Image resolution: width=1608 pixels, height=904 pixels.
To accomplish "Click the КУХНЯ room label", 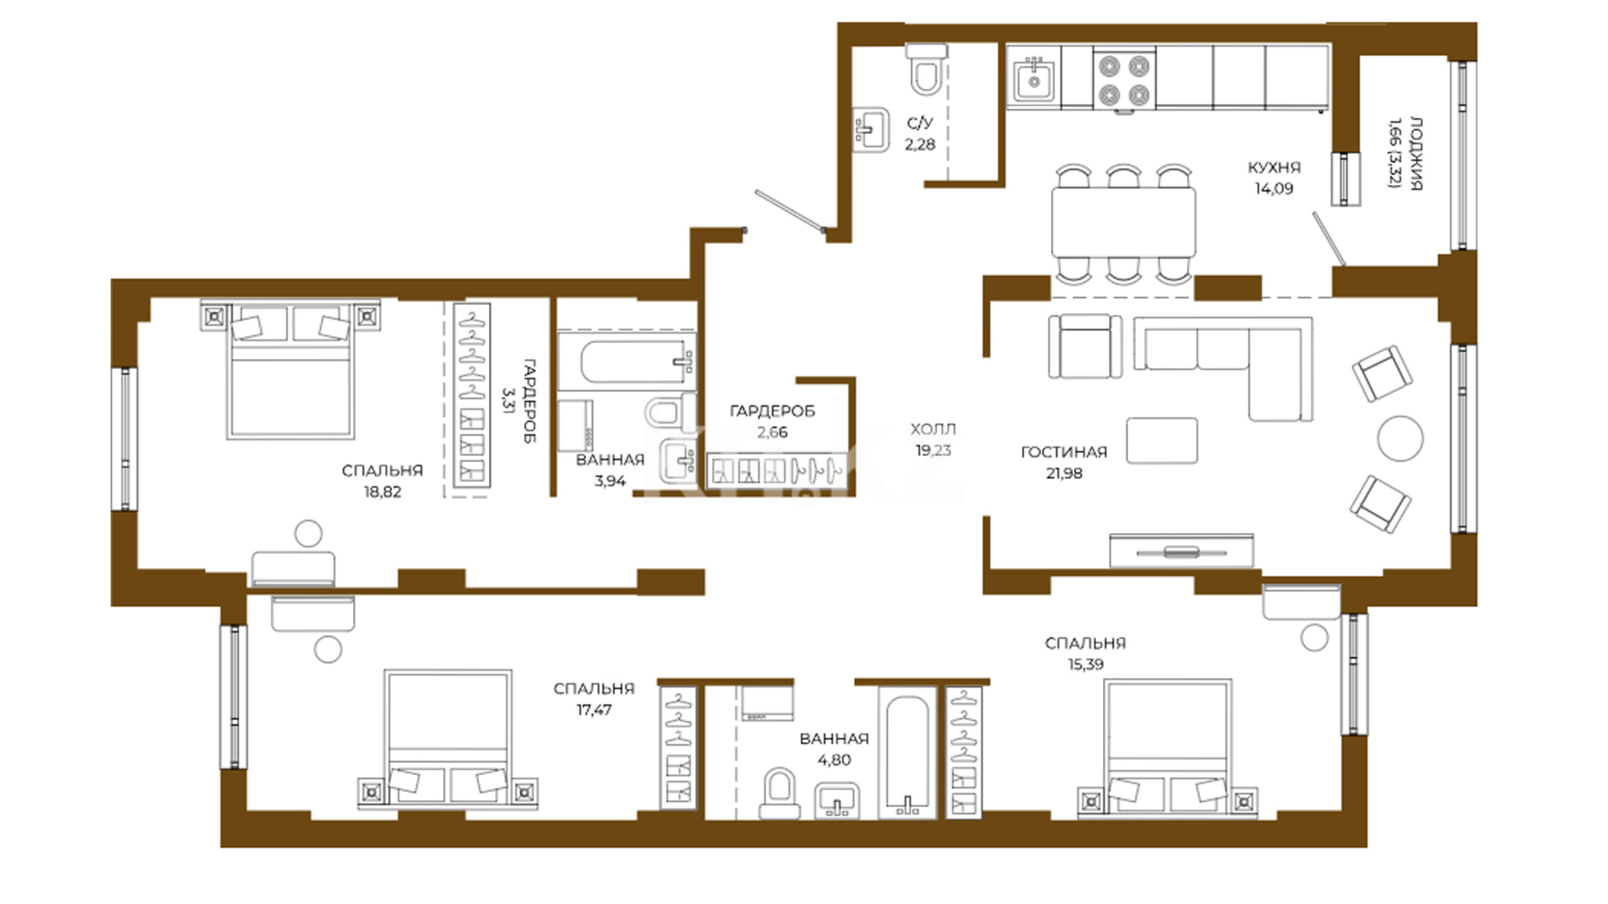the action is [x=1274, y=167].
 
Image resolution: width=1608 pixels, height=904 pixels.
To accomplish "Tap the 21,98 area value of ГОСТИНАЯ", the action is [x=1064, y=473].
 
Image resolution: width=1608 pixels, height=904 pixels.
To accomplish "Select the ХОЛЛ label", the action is [x=933, y=429].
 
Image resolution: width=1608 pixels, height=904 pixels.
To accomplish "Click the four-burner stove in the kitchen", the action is [x=1124, y=80].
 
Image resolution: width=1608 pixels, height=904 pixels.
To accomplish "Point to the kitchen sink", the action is [x=1034, y=80].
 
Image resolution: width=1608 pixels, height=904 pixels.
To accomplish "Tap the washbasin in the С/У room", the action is [x=872, y=130].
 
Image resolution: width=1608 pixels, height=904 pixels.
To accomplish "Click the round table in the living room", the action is [x=1399, y=438].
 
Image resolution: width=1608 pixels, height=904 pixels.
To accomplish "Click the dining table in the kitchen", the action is [x=1124, y=221].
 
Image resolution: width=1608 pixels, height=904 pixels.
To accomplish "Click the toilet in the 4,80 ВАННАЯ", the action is [x=780, y=793].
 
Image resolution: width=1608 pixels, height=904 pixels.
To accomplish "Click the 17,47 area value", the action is [x=594, y=710].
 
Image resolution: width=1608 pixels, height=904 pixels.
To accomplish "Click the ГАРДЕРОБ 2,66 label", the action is [x=772, y=421].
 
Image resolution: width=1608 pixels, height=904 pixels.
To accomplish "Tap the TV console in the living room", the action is [x=1182, y=551].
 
